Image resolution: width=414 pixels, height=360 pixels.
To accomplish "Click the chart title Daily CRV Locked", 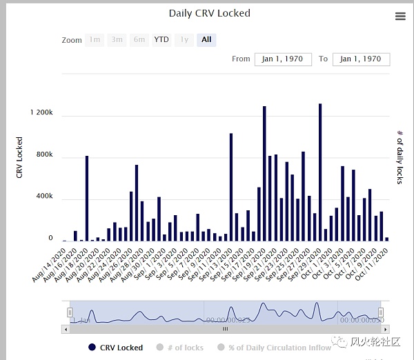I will tap(210, 13).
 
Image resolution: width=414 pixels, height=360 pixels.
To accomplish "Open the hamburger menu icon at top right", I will tap(400, 17).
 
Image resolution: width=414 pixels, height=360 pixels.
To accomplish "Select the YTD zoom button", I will tap(161, 40).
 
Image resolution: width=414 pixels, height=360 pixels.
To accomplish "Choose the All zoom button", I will tap(206, 40).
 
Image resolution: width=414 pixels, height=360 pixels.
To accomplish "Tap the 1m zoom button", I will tap(95, 40).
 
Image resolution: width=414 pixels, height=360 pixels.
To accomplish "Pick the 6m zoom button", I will tap(139, 40).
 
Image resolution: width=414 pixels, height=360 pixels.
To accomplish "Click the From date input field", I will tap(283, 59).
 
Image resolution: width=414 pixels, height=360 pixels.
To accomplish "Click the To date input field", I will tap(361, 59).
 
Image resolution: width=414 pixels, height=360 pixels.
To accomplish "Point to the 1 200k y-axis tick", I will tap(41, 112).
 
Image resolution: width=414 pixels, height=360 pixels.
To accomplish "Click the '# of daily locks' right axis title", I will tap(400, 157).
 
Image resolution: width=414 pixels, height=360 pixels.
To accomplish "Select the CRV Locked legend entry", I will tap(115, 348).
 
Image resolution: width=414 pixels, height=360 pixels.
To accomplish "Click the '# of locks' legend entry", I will tap(181, 348).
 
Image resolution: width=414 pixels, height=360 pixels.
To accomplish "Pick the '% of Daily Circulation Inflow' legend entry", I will tap(274, 348).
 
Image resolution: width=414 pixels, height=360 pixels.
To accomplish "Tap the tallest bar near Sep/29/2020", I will tap(320, 172).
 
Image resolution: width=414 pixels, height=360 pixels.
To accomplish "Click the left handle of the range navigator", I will tap(70, 312).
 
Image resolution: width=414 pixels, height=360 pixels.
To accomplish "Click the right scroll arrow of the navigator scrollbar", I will tap(382, 329).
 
